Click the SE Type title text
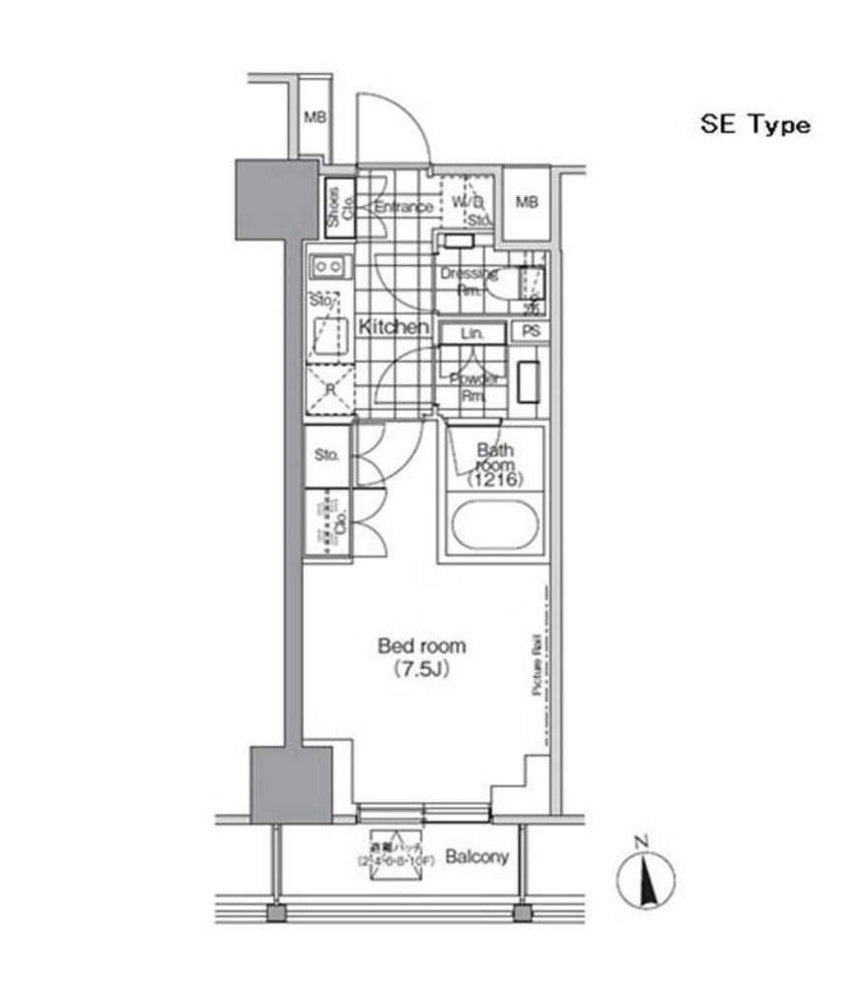click(x=754, y=125)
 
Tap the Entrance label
click(x=403, y=207)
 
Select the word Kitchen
click(x=392, y=327)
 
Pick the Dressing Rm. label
click(x=468, y=281)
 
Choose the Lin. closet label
click(x=473, y=334)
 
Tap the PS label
click(x=531, y=331)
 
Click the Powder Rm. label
click(x=474, y=387)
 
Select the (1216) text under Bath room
click(x=496, y=479)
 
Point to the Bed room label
click(x=422, y=646)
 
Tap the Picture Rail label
click(x=537, y=665)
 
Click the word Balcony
click(x=477, y=856)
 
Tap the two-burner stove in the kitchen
click(x=328, y=265)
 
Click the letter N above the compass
click(x=641, y=840)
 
